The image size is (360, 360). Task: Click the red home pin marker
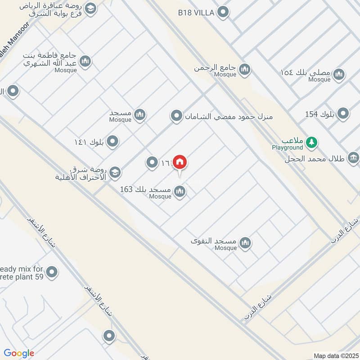180,162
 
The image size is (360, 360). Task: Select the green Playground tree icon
311,143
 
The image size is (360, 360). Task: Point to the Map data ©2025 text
336,355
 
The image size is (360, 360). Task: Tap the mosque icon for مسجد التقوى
245,243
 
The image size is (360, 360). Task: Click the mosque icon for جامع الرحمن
245,69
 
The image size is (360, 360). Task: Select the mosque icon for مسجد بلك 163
180,192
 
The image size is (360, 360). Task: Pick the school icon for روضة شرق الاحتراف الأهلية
115,171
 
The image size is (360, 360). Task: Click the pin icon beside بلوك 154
343,114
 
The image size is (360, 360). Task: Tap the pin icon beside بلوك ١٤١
113,142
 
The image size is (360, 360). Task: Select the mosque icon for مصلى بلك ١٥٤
339,74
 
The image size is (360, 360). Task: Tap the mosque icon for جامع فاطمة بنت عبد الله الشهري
85,62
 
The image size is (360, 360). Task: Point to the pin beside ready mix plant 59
52,272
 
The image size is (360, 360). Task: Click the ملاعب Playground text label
287,144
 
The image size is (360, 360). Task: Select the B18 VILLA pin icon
223,13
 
